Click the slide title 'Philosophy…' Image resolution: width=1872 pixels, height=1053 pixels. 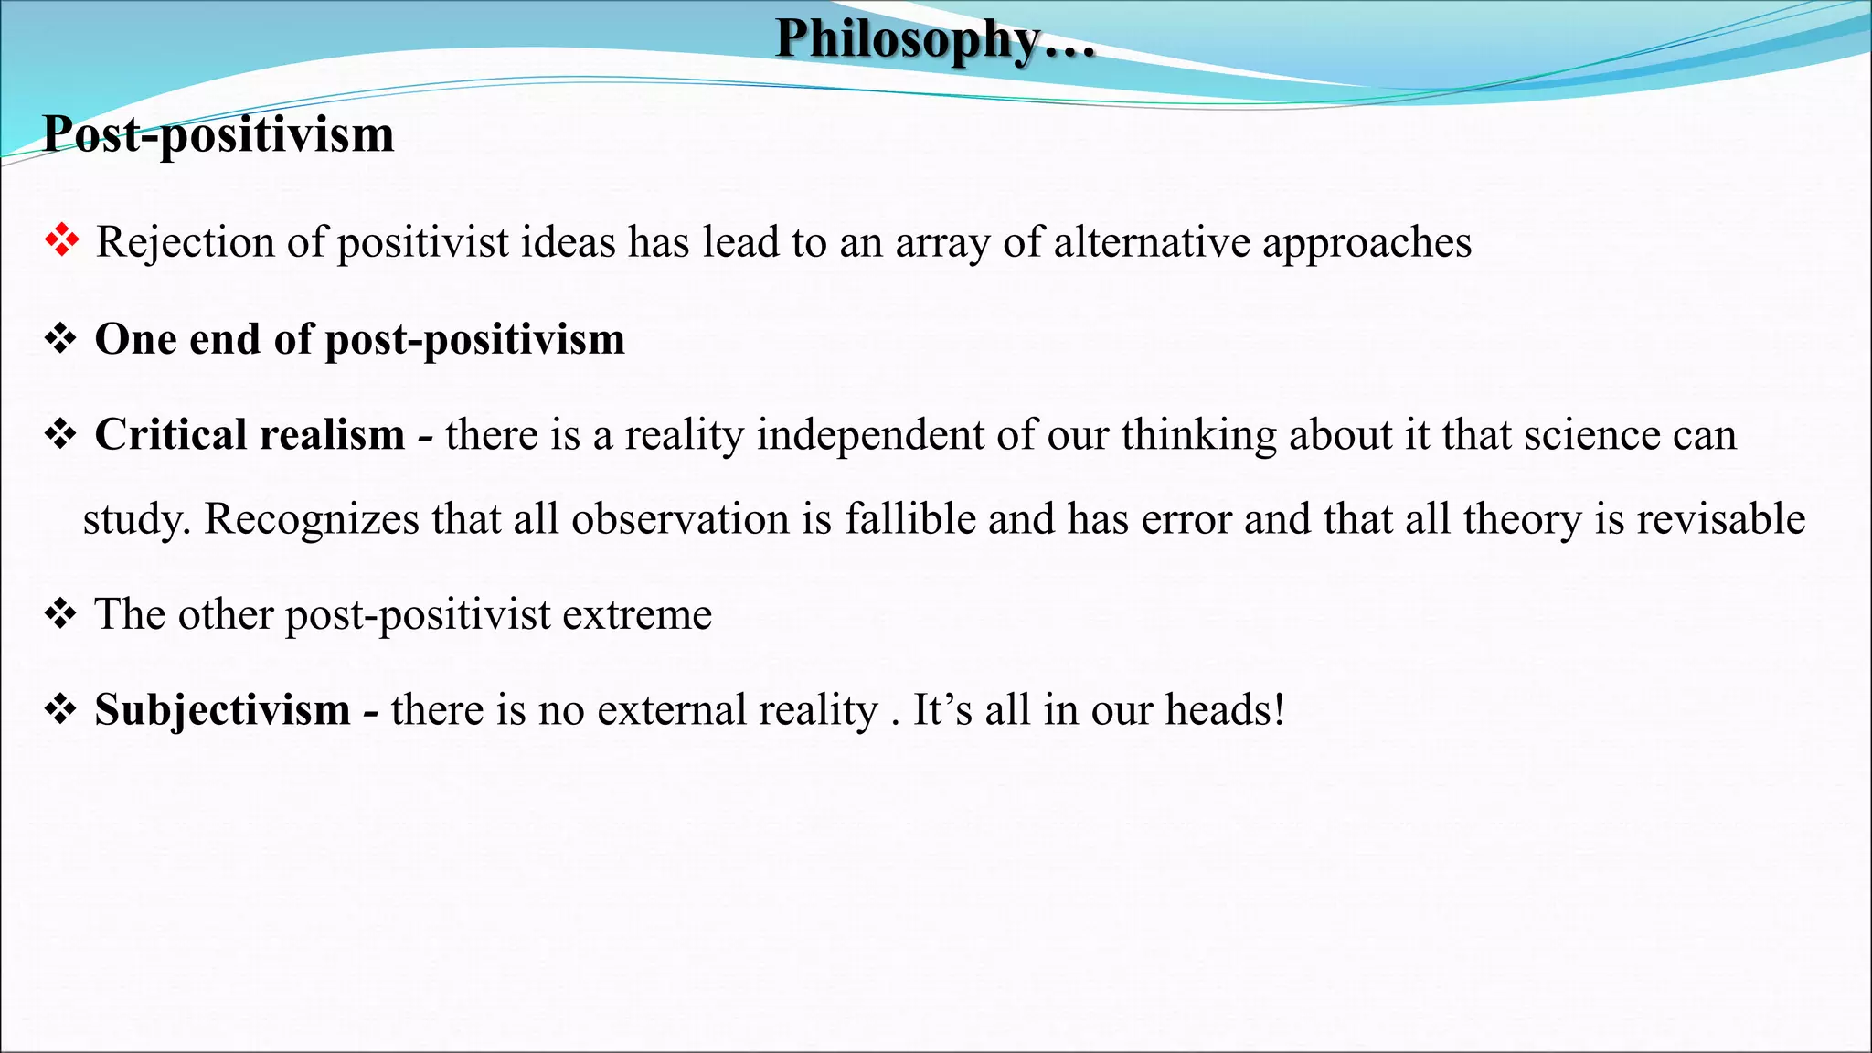[x=934, y=40]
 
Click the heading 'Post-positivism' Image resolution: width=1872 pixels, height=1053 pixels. [x=218, y=134]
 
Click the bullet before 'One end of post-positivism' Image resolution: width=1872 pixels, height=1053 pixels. [x=60, y=339]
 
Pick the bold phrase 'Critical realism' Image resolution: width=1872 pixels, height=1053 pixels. [x=250, y=434]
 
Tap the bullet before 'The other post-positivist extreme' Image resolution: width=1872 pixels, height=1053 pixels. [x=60, y=614]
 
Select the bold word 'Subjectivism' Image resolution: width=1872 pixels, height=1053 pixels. [x=222, y=710]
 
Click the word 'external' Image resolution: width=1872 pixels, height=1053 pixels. [x=673, y=710]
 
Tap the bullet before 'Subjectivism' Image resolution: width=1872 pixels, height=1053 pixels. [x=60, y=710]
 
